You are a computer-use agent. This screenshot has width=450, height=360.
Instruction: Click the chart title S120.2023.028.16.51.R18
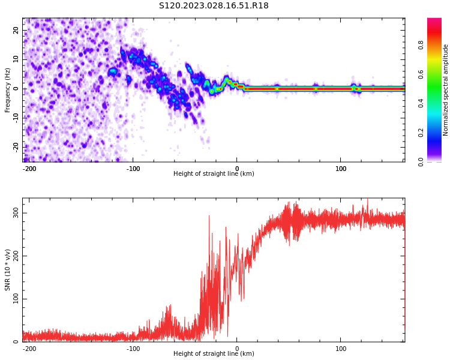tap(214, 6)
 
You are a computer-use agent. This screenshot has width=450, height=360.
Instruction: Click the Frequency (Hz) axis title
tap(8, 90)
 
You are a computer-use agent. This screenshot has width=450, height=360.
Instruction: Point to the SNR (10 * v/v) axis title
tap(8, 270)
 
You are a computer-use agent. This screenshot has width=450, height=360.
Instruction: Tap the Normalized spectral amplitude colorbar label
tap(446, 90)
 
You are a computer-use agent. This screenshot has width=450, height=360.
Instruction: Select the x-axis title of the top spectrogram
tap(214, 174)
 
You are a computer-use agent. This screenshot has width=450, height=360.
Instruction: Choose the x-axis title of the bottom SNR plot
tap(214, 354)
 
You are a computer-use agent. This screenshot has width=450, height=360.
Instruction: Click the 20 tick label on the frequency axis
tap(16, 31)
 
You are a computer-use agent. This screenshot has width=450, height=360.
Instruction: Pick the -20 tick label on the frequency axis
tap(16, 146)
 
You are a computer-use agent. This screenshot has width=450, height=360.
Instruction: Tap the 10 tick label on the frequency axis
tap(16, 59)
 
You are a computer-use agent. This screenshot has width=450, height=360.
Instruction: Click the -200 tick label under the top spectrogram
tap(29, 169)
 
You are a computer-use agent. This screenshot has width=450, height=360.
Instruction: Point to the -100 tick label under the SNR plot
tap(133, 349)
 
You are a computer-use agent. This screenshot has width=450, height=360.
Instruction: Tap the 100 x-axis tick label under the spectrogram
tap(341, 169)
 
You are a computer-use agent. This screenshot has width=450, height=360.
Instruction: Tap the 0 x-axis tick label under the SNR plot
tap(237, 349)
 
